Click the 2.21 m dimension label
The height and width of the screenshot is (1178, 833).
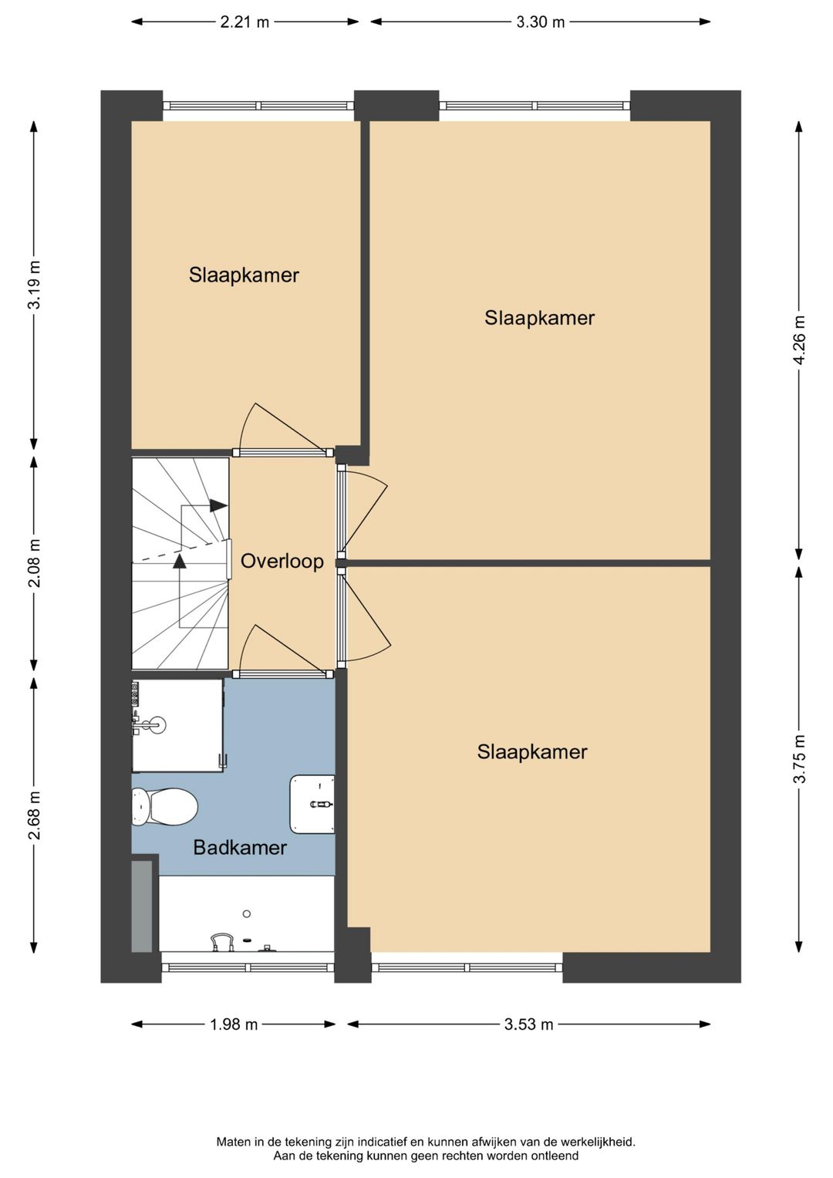point(245,22)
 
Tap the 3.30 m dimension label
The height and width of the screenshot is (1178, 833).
point(540,22)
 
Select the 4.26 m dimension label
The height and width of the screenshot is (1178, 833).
point(799,339)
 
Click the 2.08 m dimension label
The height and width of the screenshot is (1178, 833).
point(35,562)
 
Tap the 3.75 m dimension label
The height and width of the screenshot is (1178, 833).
point(799,758)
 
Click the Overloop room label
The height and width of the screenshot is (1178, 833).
point(282,562)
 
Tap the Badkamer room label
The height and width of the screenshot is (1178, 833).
point(240,847)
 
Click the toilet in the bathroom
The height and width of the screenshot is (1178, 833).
point(164,806)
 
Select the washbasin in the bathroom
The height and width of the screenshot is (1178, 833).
point(312,804)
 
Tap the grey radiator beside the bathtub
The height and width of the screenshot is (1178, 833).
point(141,906)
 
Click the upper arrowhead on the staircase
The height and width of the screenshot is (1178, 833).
point(219,505)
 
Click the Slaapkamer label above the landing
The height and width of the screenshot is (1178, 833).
point(244,275)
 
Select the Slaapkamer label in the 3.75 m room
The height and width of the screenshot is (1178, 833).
point(532,751)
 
